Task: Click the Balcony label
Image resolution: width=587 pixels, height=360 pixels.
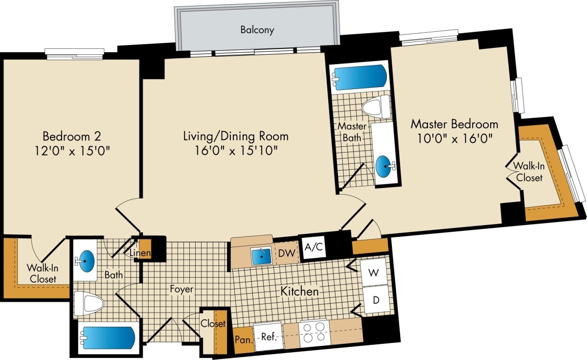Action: tap(257, 30)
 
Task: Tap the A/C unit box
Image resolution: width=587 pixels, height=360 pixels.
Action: tap(314, 247)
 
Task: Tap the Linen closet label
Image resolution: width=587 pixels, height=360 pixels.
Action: tap(140, 253)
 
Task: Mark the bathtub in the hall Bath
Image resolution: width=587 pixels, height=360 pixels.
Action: tap(108, 337)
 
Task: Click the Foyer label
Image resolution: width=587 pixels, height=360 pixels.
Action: tap(182, 290)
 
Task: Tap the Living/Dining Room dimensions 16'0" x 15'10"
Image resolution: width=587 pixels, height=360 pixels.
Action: tap(235, 150)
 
